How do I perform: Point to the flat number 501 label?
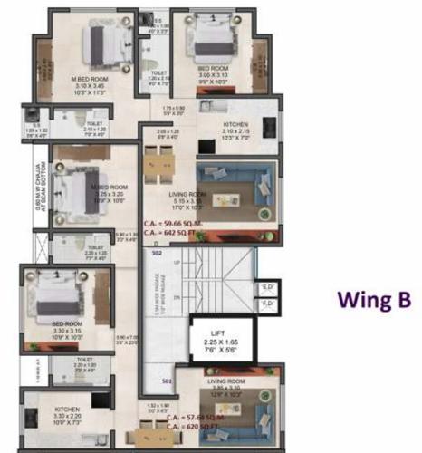[x=167, y=381]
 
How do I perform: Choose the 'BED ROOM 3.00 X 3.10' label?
[x=214, y=72]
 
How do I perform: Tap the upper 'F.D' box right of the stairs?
[x=268, y=289]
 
